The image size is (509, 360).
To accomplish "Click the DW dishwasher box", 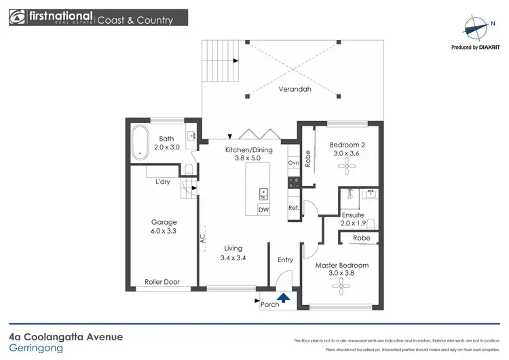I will pyautogui.click(x=263, y=211).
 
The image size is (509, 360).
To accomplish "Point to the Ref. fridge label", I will pyautogui.click(x=294, y=208).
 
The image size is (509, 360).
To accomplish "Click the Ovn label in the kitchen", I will pyautogui.click(x=294, y=163).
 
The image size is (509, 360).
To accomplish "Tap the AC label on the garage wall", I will pyautogui.click(x=202, y=239).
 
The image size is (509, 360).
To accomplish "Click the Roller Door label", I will pyautogui.click(x=161, y=282).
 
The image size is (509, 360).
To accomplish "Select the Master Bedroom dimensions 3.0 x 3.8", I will pyautogui.click(x=341, y=274).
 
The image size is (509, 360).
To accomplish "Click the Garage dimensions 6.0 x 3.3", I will pyautogui.click(x=164, y=232).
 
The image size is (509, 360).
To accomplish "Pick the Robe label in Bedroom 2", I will pyautogui.click(x=307, y=158).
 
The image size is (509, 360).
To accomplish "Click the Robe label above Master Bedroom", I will pyautogui.click(x=361, y=238).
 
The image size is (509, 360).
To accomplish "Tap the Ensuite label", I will pyautogui.click(x=353, y=215).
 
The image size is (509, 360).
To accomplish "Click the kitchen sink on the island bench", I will pyautogui.click(x=263, y=194).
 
